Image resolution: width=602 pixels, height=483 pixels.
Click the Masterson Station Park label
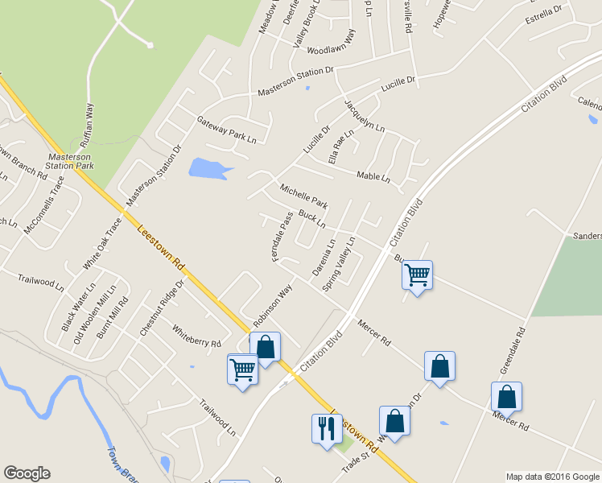71,160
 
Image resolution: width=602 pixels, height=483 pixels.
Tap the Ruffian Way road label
90,130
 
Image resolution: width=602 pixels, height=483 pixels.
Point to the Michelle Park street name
303,196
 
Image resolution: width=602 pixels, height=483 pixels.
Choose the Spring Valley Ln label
339,265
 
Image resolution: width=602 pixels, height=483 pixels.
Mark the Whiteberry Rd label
196,336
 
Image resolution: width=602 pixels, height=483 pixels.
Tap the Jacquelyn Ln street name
365,118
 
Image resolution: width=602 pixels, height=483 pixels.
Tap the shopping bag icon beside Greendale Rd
506,396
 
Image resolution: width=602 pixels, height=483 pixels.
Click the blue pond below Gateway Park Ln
206,168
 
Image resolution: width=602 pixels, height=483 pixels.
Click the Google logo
27,473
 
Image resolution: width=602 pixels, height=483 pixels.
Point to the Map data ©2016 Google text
552,477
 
